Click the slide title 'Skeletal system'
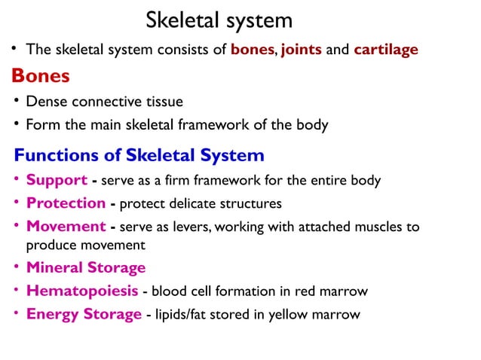[219, 20]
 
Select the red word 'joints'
[302, 50]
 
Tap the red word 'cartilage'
[386, 50]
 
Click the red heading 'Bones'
[41, 75]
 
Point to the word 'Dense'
[47, 101]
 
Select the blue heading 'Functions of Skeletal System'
[139, 156]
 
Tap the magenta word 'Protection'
[66, 203]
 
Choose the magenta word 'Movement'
[66, 227]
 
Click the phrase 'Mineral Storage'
[86, 267]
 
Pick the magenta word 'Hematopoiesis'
[82, 291]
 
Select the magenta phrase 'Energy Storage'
[84, 314]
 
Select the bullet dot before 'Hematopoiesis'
[17, 290]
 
